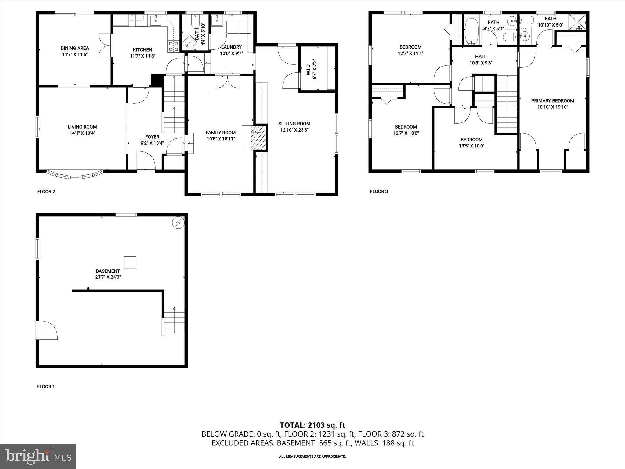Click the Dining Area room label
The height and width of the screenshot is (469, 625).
75,48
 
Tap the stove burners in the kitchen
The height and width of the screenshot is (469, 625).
173,46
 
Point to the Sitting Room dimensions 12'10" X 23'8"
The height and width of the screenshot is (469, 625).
294,130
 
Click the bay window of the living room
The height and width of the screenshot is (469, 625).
74,176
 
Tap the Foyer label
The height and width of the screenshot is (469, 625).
152,137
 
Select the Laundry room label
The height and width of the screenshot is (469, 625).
231,47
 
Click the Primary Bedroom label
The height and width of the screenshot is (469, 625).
552,101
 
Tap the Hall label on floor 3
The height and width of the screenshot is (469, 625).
481,57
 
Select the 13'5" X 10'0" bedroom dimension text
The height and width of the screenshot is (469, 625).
471,146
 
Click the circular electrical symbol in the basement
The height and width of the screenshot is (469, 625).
178,223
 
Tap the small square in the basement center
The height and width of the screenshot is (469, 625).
130,263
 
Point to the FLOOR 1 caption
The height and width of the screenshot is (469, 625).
46,387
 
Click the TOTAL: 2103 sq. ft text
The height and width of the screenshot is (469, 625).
312,425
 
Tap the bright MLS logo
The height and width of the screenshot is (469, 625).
38,456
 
